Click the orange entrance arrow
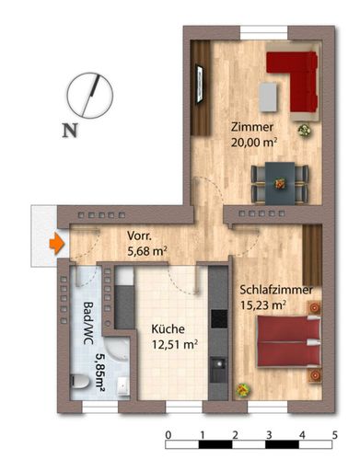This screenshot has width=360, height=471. click(x=57, y=244)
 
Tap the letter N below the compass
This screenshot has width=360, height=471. click(x=70, y=131)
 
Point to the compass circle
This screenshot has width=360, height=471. click(x=90, y=95)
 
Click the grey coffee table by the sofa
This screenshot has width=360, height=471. click(x=269, y=97)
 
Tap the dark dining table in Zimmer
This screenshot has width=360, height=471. click(x=280, y=184)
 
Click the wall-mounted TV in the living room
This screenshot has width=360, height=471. click(x=200, y=84)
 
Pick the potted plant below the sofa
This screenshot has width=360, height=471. click(x=305, y=131)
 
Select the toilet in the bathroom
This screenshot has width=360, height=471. click(x=79, y=382)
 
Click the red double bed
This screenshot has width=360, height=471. click(x=289, y=341)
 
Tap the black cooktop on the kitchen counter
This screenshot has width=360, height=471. click(x=219, y=319)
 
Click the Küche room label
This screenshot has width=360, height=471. click(x=168, y=329)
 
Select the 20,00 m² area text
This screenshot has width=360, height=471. click(x=254, y=143)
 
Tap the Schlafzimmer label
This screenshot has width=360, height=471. click(x=276, y=290)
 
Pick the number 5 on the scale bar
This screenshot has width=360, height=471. click(x=334, y=435)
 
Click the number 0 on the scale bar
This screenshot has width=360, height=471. click(x=168, y=435)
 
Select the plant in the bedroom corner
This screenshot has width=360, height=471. click(x=243, y=390)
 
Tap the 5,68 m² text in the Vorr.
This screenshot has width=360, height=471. click(x=147, y=251)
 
